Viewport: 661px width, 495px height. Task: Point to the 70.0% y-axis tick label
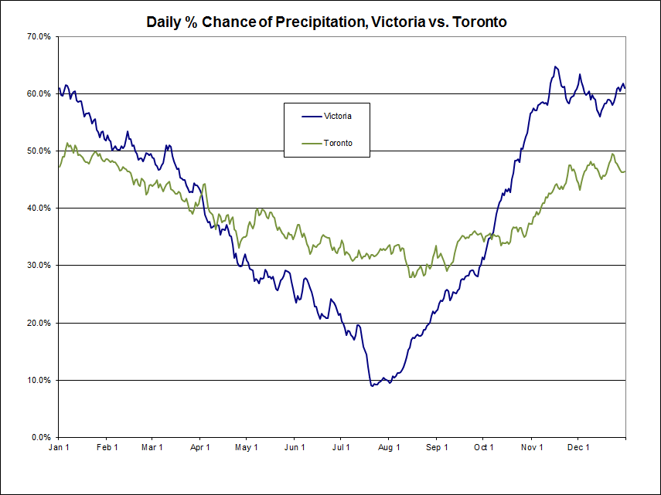[x=39, y=36]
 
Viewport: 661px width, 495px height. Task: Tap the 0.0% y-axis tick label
[x=41, y=437]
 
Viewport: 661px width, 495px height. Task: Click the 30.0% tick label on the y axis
[x=39, y=266]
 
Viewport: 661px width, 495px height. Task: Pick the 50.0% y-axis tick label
[x=39, y=151]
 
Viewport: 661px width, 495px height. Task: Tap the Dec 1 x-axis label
[x=578, y=447]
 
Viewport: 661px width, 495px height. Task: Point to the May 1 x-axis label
[x=247, y=447]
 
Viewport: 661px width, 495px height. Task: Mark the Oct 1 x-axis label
[x=484, y=447]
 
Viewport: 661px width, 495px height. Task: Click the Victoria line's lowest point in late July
[x=373, y=385]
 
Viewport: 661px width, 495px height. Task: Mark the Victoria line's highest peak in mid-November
[x=555, y=66]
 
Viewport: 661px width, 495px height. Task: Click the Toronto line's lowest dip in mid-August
[x=411, y=276]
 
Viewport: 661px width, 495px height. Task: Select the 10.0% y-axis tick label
[x=39, y=380]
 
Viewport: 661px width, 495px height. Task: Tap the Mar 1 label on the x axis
[x=152, y=447]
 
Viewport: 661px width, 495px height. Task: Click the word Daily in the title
[x=165, y=22]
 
